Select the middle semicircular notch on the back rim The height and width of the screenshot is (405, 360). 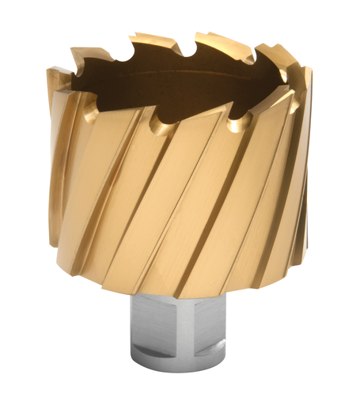(188, 50)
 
